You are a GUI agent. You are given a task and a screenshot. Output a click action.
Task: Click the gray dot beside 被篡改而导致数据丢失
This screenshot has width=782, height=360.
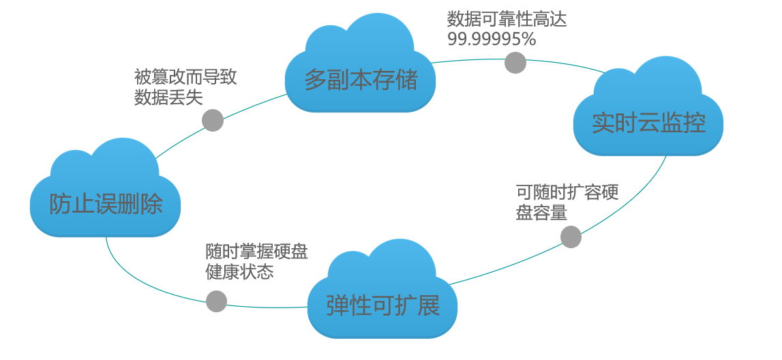(213, 120)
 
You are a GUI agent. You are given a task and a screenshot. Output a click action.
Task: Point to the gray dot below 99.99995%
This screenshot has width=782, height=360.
(515, 63)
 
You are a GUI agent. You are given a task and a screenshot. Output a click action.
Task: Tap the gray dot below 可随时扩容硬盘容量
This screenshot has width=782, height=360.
(571, 237)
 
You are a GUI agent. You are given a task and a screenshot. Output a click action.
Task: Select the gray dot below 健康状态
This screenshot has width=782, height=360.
(216, 301)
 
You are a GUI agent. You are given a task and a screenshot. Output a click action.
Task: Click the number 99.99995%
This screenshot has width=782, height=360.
(491, 40)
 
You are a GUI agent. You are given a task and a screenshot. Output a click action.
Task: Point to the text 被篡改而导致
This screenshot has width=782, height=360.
(185, 76)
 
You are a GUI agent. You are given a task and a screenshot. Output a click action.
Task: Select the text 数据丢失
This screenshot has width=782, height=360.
(168, 97)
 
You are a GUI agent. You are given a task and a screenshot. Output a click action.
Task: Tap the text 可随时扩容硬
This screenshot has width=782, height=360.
(567, 192)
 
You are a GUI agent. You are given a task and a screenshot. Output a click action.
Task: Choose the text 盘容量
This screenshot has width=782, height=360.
(541, 213)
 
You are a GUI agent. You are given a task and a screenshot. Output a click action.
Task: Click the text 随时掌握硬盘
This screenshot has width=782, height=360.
(256, 252)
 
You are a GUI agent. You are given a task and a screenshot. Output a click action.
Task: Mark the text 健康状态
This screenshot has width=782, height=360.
(239, 272)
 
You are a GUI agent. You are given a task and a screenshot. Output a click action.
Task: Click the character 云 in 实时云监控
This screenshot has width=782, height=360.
(648, 123)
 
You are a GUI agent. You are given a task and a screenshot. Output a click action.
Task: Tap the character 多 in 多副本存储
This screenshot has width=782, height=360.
(315, 80)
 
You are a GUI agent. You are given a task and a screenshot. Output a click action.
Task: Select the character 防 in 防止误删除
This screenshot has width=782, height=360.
(61, 204)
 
